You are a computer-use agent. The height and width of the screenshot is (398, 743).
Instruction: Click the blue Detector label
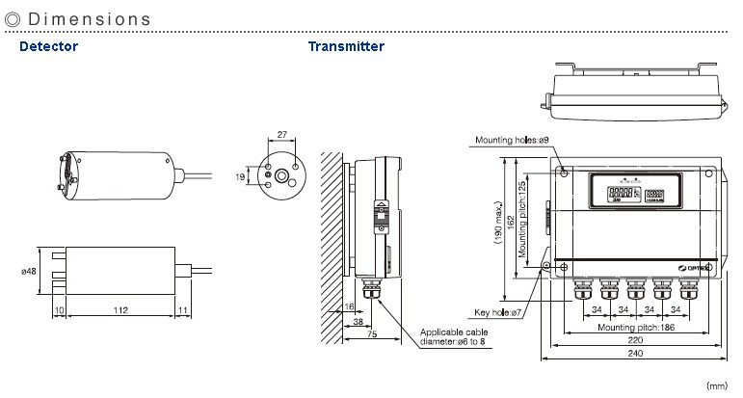[x=48, y=46]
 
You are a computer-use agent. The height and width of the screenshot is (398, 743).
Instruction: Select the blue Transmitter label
[x=346, y=46]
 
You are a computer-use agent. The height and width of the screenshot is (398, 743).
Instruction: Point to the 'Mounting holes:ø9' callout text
[x=511, y=141]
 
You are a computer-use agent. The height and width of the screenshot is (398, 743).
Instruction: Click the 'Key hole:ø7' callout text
[x=498, y=312]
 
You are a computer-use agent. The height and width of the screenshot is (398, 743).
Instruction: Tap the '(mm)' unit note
[x=718, y=385]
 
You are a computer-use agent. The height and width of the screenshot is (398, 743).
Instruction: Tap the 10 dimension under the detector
[x=59, y=310]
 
